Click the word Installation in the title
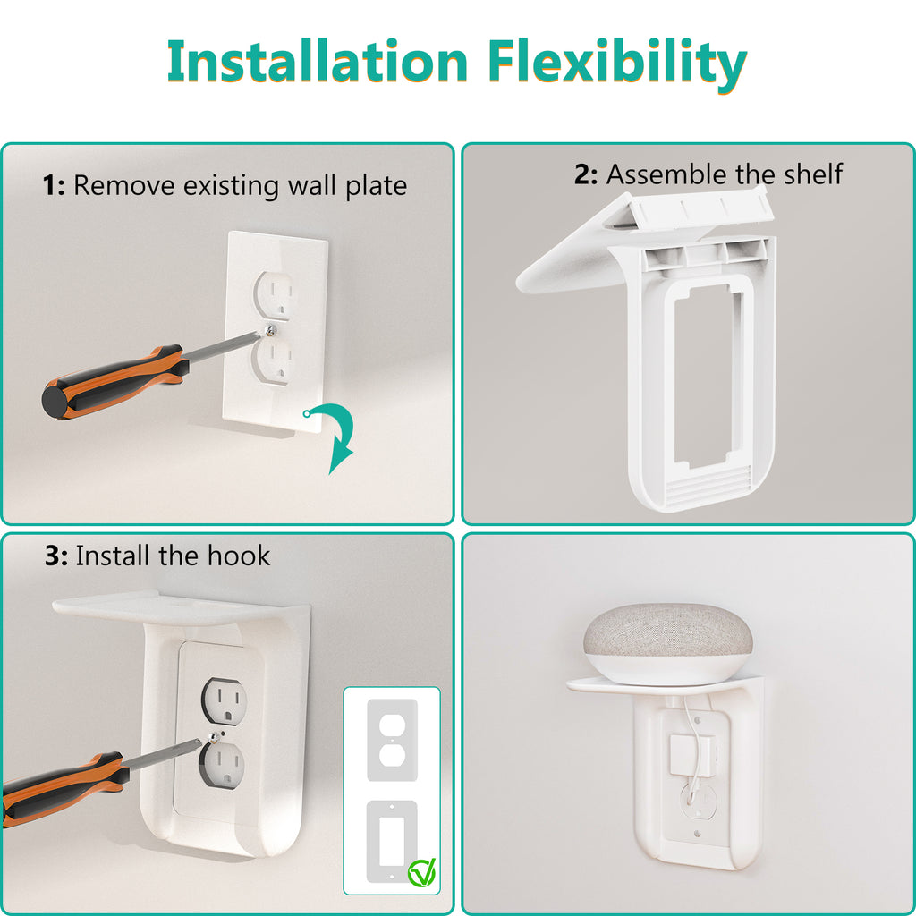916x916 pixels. click(x=317, y=63)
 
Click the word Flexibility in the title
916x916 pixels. click(x=618, y=63)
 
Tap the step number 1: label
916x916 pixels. click(x=55, y=186)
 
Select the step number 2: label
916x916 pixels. click(x=586, y=174)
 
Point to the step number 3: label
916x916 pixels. click(x=56, y=556)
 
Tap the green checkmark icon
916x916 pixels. click(x=420, y=871)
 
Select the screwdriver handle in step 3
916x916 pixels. click(x=58, y=788)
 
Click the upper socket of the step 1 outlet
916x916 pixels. click(x=275, y=293)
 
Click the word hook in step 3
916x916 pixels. click(x=238, y=556)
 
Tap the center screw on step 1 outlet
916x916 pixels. click(x=270, y=331)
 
